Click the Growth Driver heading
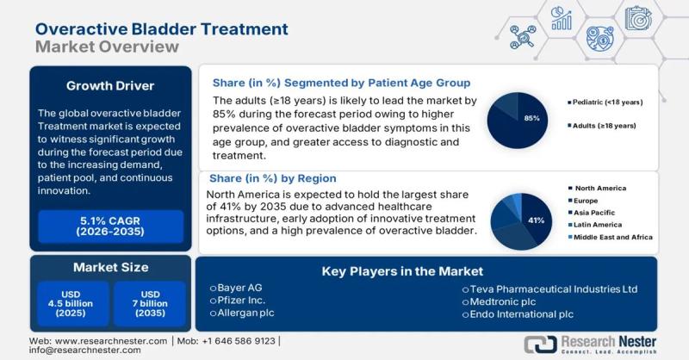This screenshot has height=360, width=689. [109, 85]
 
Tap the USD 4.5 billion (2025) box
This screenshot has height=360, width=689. [72, 303]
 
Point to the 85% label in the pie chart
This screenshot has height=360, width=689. [531, 118]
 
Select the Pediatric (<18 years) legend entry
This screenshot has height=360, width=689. [608, 102]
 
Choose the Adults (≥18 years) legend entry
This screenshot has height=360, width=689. [603, 126]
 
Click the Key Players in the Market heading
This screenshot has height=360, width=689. [402, 270]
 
